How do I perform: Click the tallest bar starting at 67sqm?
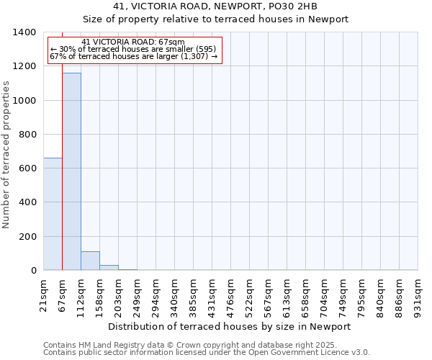coord(71,171)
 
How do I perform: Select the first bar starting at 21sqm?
coord(53,214)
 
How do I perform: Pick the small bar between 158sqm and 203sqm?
coord(109,267)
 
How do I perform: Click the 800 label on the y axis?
coord(28,135)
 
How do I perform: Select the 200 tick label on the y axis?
coord(28,237)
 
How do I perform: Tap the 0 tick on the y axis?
coord(34,271)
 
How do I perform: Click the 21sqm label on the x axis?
coord(45,294)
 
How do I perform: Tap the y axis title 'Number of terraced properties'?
coord(7,154)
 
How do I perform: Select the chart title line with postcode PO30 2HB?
coord(215,6)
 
